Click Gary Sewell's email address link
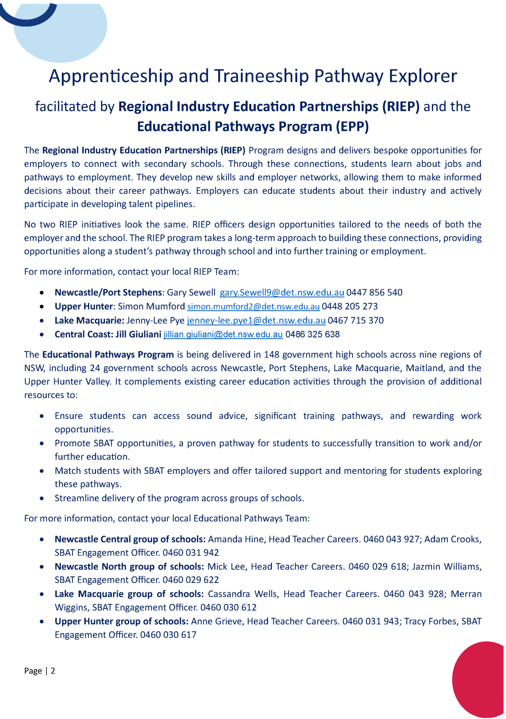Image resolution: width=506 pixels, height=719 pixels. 282,293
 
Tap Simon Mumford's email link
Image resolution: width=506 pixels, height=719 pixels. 253,307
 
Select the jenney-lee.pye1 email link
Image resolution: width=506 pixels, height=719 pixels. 256,321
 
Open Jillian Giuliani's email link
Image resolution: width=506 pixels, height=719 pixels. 223,335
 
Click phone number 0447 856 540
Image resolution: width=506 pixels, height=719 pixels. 374,293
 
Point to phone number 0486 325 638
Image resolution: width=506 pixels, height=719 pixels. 313,335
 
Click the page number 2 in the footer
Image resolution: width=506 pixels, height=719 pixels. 53,671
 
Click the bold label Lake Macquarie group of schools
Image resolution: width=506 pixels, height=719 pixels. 129,594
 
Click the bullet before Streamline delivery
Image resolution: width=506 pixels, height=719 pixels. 42,499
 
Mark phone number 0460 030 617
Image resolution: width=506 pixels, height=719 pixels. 168,635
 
